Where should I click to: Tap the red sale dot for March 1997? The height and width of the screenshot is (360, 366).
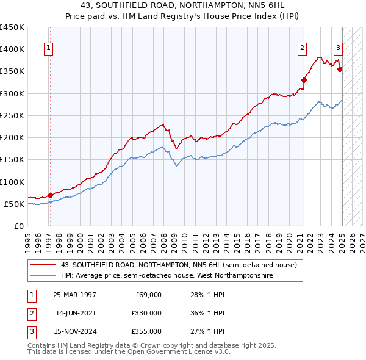point(50,195)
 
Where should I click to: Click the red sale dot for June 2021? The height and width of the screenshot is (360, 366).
point(304,79)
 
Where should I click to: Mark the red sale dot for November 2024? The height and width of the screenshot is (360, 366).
point(340,68)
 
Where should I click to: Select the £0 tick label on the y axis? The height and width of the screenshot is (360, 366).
point(19,226)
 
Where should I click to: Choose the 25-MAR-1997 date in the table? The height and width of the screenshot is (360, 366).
point(75,295)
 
